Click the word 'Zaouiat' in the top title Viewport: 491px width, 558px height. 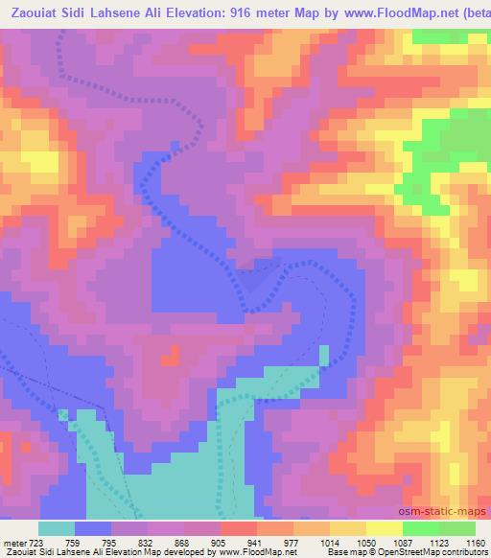click(35, 13)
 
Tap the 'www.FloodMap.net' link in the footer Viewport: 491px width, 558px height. click(256, 552)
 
